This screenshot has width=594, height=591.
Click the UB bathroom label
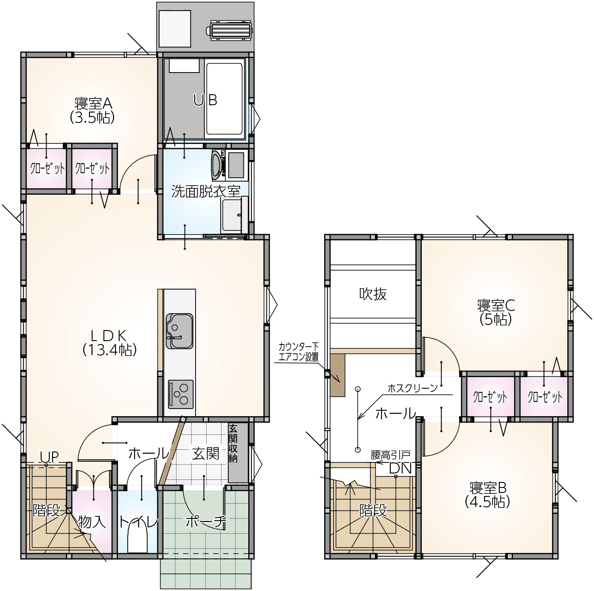point(205,100)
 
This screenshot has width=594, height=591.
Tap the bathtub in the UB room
point(224,99)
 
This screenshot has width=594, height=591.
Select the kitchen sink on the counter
point(179,331)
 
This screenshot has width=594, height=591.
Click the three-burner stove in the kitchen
point(181,394)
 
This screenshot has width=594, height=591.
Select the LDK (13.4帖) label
point(109,343)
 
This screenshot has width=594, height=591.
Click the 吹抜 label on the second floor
point(373,294)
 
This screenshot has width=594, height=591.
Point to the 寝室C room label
point(496,312)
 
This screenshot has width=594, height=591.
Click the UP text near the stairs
point(49,457)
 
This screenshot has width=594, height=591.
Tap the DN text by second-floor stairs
point(401,468)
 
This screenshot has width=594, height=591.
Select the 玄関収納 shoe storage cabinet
point(238,453)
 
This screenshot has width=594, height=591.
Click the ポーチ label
point(206,522)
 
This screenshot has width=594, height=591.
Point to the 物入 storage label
point(92,522)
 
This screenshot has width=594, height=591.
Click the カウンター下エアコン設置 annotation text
point(298,352)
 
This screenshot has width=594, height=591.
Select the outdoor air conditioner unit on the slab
point(230,30)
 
